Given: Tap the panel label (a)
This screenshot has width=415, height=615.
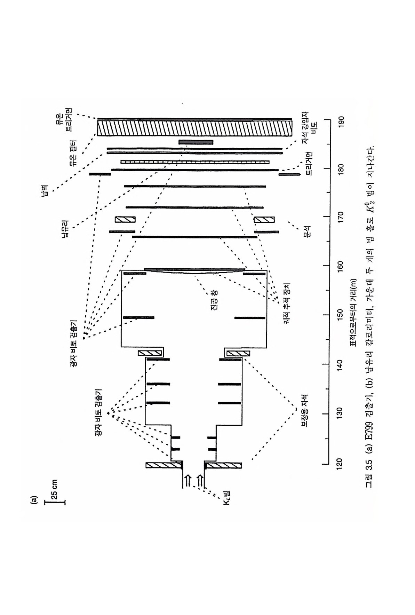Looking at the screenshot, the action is [x=33, y=501].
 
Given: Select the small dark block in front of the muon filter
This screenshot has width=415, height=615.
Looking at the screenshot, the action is [x=195, y=142].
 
